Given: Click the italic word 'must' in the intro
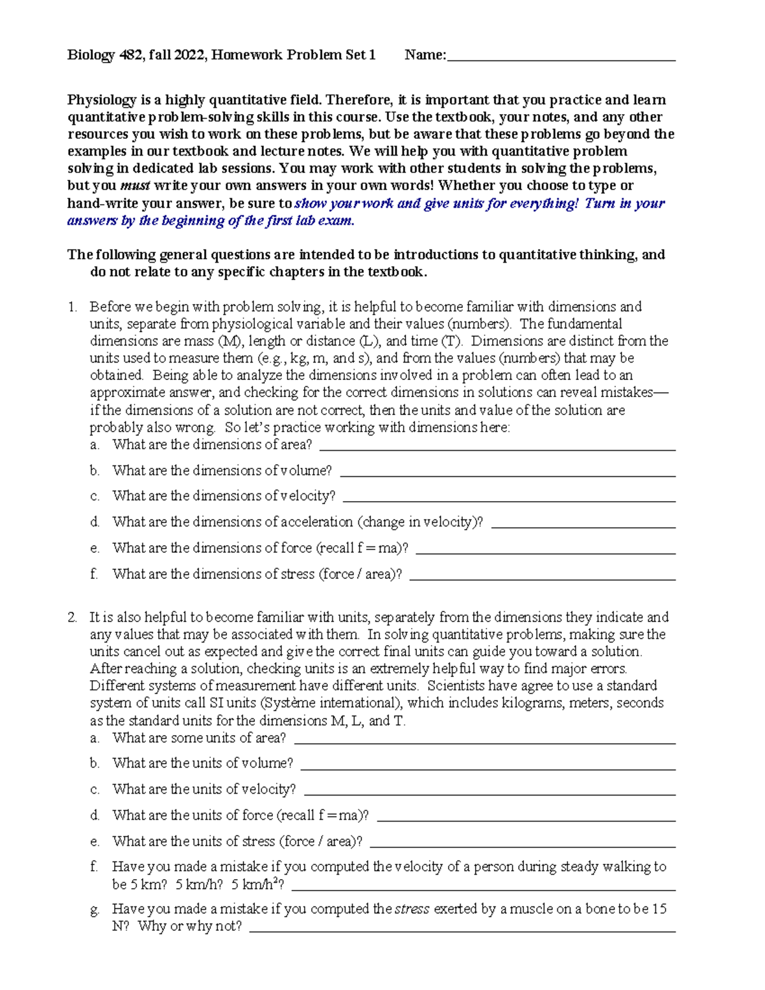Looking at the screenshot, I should coord(135,186).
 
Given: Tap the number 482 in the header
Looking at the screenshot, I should coord(129,55).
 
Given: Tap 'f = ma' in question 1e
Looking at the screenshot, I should coord(382,548).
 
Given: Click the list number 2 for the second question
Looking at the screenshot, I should coord(72,617).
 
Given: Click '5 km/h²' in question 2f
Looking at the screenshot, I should coord(257,885).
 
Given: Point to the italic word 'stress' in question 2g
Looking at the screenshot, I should coord(412,909).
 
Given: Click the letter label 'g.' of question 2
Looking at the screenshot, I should coord(94,910).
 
